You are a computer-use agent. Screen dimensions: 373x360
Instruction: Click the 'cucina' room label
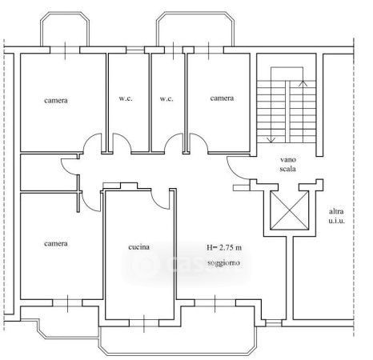pyautogui.click(x=138, y=247)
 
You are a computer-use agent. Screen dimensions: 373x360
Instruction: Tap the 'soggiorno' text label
pyautogui.click(x=223, y=263)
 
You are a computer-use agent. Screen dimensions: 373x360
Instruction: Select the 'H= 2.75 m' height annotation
pyautogui.click(x=224, y=248)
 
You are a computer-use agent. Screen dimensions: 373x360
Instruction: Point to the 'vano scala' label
pyautogui.click(x=288, y=164)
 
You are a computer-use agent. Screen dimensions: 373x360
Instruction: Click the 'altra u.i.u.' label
pyautogui.click(x=336, y=216)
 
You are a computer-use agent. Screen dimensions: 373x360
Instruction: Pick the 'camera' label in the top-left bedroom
pyautogui.click(x=56, y=101)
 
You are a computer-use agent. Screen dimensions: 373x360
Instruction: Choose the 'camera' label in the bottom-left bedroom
pyautogui.click(x=56, y=244)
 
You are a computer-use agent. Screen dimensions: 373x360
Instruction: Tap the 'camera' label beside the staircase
pyautogui.click(x=222, y=98)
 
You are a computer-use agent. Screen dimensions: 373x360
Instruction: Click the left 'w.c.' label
pyautogui.click(x=126, y=98)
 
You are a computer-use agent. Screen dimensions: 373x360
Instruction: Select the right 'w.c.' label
pyautogui.click(x=166, y=99)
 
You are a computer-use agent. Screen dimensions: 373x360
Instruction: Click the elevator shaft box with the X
pyautogui.click(x=290, y=210)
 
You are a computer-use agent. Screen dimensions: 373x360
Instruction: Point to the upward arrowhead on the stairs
pyautogui.click(x=303, y=83)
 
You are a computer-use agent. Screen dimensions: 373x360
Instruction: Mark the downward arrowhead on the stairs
pyautogui.click(x=271, y=139)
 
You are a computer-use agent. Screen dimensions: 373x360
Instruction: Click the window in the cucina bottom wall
pyautogui.click(x=144, y=323)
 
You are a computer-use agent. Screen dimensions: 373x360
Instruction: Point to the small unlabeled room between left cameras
pyautogui.click(x=49, y=173)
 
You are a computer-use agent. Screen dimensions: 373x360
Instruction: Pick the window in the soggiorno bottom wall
pyautogui.click(x=215, y=302)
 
